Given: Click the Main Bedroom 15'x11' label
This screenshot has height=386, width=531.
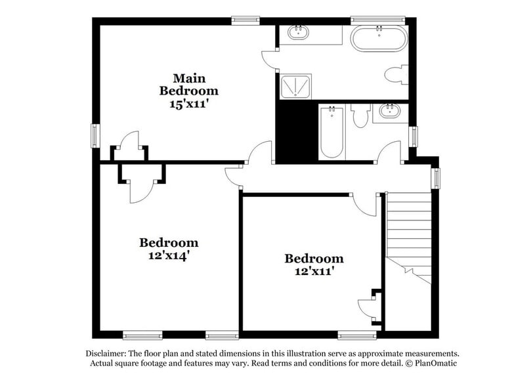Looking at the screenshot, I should pos(189,90).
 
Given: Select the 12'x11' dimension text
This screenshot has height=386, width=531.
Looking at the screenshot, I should pos(313,270).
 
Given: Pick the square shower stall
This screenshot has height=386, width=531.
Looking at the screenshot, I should pos(297,87).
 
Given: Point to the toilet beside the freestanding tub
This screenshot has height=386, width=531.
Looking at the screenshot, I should pos(396,74).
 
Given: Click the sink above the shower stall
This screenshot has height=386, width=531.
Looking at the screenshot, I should pos(299,33).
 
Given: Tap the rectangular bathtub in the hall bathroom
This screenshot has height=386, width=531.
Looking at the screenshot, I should pos(331,133).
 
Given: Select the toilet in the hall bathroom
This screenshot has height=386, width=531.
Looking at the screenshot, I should pos(359,118).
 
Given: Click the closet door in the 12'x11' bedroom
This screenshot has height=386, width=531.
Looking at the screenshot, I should pos(366,308).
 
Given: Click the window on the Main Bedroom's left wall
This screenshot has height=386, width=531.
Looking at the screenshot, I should pos(95,136).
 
